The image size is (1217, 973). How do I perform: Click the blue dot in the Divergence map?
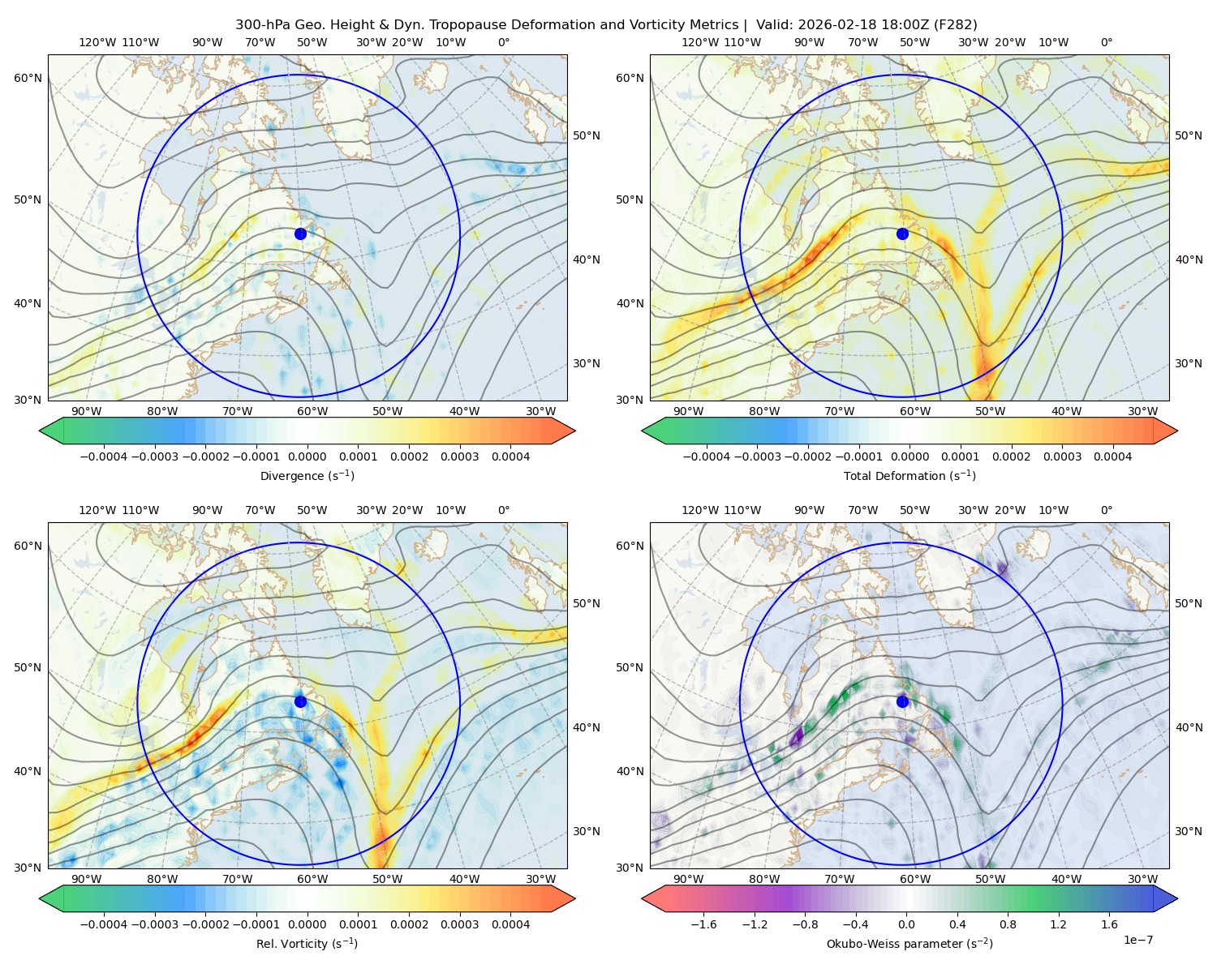click(300, 234)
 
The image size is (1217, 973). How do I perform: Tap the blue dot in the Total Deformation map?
click(902, 234)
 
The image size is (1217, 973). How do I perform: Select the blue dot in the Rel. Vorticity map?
click(300, 701)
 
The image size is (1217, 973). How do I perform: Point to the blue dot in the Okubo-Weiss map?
click(902, 701)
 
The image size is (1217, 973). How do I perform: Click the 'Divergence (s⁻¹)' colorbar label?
click(307, 475)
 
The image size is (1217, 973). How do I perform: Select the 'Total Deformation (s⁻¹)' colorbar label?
click(910, 475)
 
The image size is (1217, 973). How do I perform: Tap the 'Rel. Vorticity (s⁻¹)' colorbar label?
click(307, 944)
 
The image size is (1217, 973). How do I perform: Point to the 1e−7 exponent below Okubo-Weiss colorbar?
click(1137, 940)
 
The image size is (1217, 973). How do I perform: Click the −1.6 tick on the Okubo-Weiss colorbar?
click(703, 924)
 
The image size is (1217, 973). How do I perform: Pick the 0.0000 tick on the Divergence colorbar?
click(307, 456)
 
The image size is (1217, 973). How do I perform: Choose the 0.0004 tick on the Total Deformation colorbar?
click(1112, 456)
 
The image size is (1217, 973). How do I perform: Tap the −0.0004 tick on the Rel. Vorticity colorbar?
click(104, 924)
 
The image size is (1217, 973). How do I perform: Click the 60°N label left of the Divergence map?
click(28, 78)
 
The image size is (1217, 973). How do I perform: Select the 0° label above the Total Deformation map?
click(1106, 42)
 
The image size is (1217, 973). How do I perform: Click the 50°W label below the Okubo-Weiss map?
click(990, 879)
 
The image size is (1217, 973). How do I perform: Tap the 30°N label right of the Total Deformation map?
click(1189, 363)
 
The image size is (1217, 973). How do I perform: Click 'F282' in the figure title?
click(955, 25)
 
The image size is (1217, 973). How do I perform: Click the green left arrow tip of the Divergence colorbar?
click(40, 431)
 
